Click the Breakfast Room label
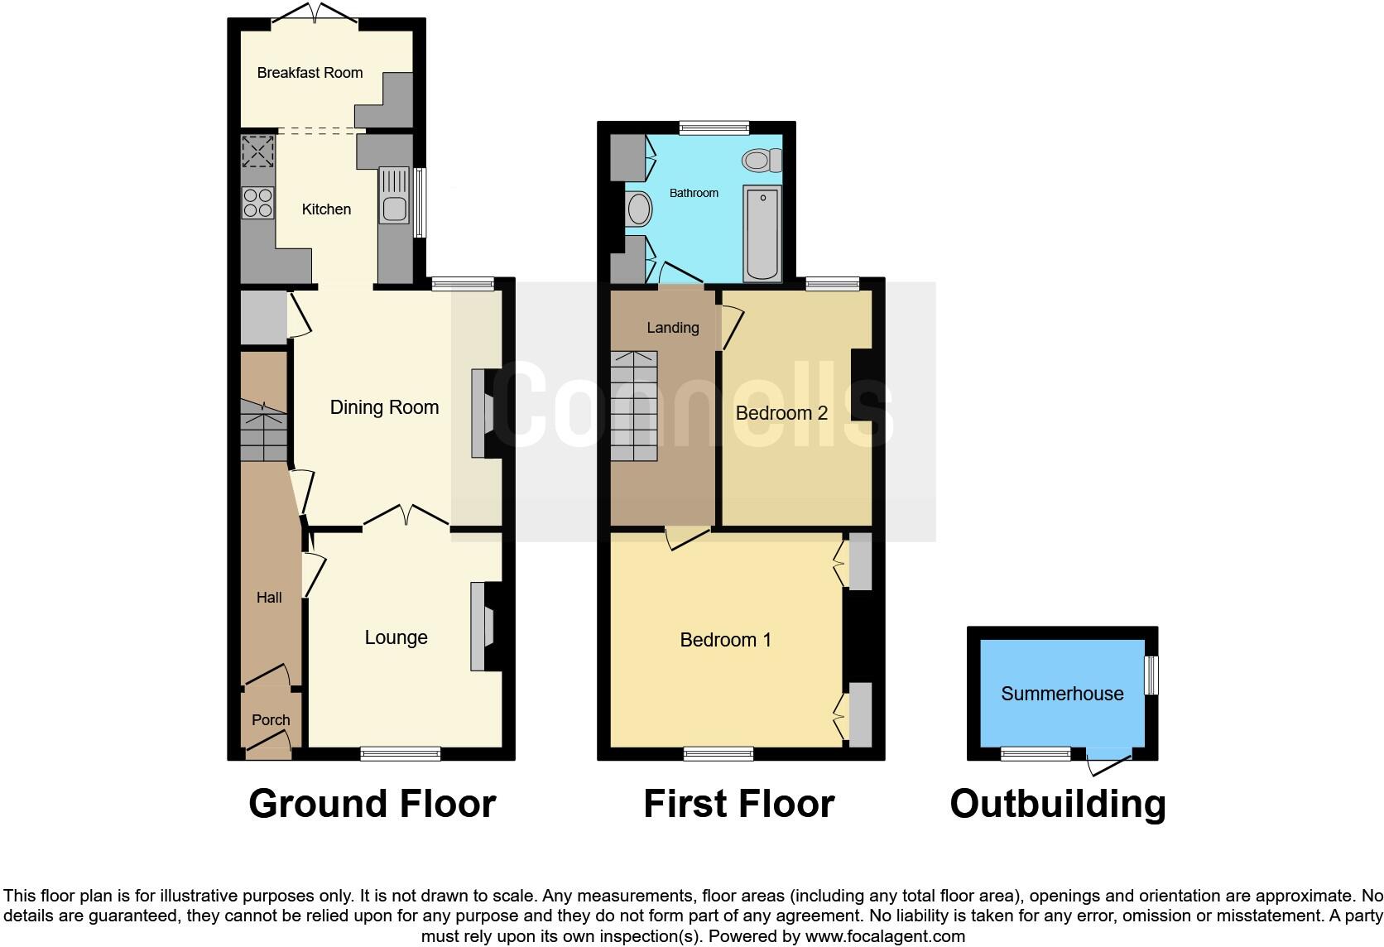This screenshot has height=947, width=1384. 310,73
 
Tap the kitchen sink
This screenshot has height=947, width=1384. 394,195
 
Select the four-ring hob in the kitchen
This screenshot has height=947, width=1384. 257,203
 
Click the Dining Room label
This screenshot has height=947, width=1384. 384,407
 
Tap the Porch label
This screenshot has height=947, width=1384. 271,720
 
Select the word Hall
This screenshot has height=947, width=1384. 269,598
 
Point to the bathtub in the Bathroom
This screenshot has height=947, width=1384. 762,233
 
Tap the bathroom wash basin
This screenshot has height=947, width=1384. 640,209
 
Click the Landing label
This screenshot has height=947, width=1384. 672,328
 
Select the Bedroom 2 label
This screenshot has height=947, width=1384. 781,413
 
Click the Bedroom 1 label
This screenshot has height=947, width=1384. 725,640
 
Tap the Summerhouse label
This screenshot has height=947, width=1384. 1062,694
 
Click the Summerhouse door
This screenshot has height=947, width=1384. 1109,762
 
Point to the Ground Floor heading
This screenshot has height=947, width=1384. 372,804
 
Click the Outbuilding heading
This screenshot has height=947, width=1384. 1057,804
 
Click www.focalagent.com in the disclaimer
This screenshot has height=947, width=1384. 885,936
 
